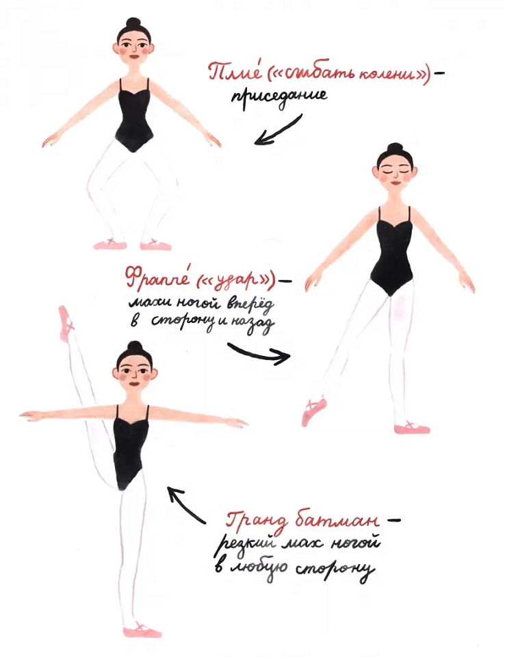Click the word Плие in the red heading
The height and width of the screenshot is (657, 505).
tap(235, 74)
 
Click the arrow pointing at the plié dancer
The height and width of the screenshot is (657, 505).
tap(276, 130)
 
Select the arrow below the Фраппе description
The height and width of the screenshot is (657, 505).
tap(259, 354)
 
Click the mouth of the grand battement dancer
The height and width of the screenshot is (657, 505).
tap(135, 384)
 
